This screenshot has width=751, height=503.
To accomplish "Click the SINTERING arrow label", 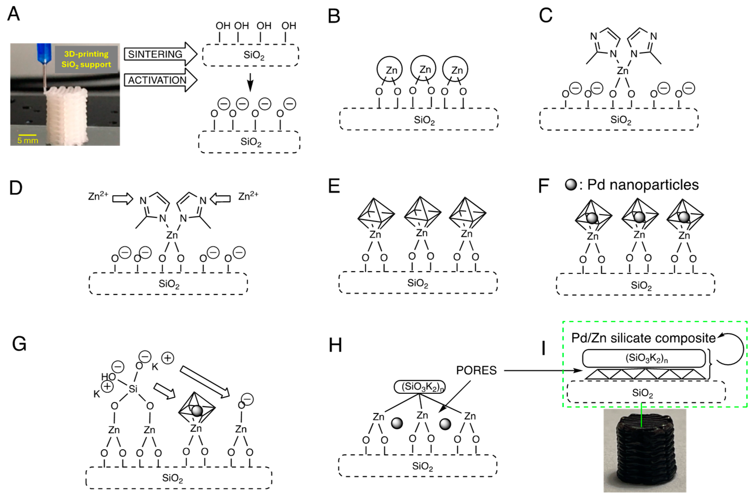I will (x=155, y=54).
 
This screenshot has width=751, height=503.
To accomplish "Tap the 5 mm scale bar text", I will (x=28, y=141).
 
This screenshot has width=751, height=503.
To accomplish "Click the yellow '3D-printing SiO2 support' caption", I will (x=86, y=59).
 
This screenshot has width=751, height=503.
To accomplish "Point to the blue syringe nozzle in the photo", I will (x=44, y=53).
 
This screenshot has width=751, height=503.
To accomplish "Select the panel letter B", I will (x=334, y=16).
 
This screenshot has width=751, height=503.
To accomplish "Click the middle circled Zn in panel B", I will (x=423, y=69).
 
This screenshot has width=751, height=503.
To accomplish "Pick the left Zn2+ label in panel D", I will (x=98, y=195).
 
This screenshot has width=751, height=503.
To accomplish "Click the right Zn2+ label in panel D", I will (x=248, y=195).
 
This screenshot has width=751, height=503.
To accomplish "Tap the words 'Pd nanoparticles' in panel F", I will (x=643, y=185).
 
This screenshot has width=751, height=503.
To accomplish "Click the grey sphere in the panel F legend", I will (x=571, y=185).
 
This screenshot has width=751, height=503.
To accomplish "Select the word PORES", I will (x=476, y=371).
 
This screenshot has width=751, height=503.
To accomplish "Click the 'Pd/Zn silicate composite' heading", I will (x=643, y=338).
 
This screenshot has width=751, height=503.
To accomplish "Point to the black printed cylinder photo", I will (x=645, y=451).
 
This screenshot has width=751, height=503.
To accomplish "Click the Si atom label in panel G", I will (x=133, y=389).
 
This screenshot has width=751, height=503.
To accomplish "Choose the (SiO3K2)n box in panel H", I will (x=420, y=387).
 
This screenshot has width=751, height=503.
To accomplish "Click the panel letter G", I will (x=19, y=344).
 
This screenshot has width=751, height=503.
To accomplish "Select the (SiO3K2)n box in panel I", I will (x=644, y=358).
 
